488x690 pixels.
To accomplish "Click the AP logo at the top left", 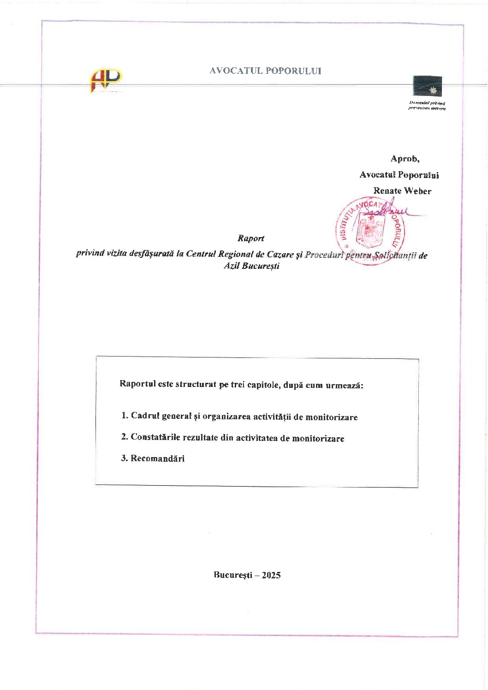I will pyautogui.click(x=106, y=81).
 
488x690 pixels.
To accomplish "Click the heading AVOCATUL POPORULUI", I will pyautogui.click(x=265, y=71).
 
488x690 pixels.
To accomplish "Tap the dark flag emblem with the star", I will pyautogui.click(x=427, y=86).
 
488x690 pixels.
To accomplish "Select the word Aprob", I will pyautogui.click(x=405, y=159).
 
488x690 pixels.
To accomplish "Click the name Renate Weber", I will pyautogui.click(x=402, y=191).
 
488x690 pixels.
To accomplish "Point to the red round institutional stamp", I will pyautogui.click(x=370, y=231).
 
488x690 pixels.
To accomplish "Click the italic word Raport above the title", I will pyautogui.click(x=251, y=238).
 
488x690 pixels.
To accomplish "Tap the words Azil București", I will pyautogui.click(x=251, y=266).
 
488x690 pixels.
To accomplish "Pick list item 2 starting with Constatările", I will pyautogui.click(x=232, y=438).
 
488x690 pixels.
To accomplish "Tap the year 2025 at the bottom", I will pyautogui.click(x=271, y=575).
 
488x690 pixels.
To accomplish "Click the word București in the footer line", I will pyautogui.click(x=233, y=575).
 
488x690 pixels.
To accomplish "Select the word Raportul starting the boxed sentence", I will pyautogui.click(x=137, y=384).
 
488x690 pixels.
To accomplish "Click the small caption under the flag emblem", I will pyautogui.click(x=427, y=106).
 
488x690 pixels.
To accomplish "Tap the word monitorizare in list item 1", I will pyautogui.click(x=331, y=417).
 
